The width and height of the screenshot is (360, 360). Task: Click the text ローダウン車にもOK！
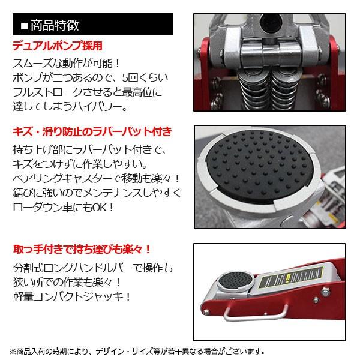pyautogui.click(x=60, y=208)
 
